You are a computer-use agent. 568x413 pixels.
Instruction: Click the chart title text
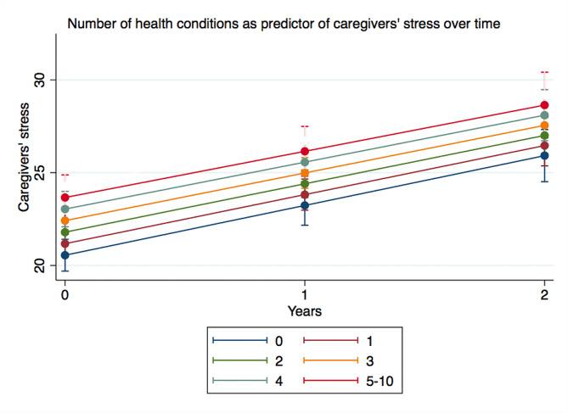pos(283,25)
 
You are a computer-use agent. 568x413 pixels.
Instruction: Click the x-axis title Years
pos(304,311)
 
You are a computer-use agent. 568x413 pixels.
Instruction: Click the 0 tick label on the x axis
pos(65,294)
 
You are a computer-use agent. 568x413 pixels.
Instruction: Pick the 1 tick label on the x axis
pos(304,294)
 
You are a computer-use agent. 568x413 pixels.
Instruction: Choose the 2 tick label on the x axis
pos(543,294)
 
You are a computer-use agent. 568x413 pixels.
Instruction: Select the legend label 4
pos(278,382)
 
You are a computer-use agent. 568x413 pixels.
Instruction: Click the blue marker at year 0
pos(65,255)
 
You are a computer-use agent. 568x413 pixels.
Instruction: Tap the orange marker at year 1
pos(304,173)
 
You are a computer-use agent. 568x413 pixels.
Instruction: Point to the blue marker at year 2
pos(543,155)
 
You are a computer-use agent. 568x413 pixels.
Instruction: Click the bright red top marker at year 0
pos(65,198)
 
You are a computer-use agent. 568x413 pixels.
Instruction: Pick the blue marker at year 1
pos(304,205)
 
